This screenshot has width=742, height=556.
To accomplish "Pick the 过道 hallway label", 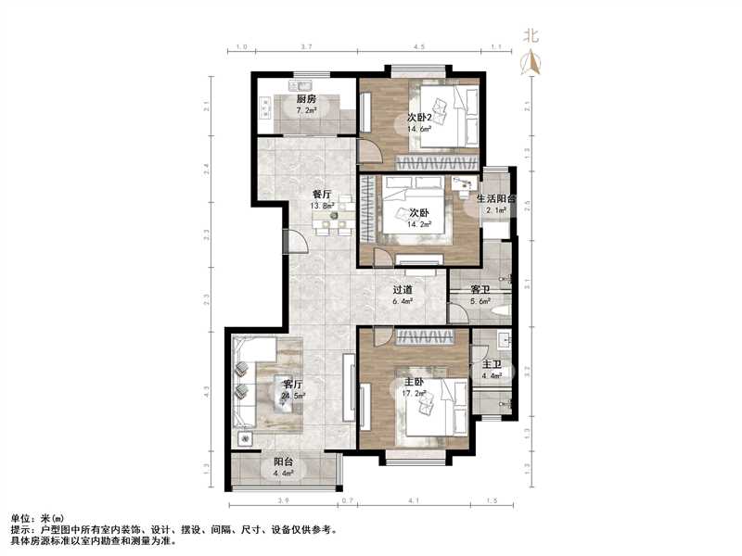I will click(x=402, y=290).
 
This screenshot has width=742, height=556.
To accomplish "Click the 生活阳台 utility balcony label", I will click(x=496, y=199).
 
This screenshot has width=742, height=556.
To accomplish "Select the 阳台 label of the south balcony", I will click(x=283, y=464).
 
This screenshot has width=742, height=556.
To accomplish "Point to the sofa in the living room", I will click(x=247, y=380).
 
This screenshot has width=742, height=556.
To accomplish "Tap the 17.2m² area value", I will click(x=415, y=394).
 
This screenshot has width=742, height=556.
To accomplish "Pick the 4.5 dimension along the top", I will click(x=419, y=45).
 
